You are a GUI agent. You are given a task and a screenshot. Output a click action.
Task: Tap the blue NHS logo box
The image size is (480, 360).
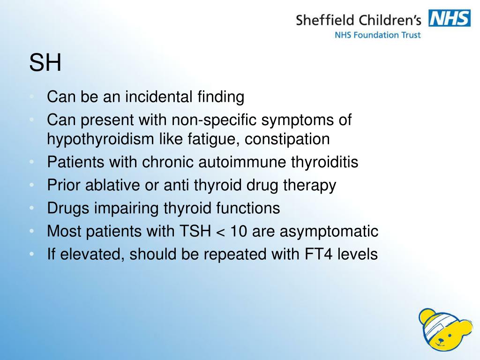point(450,19)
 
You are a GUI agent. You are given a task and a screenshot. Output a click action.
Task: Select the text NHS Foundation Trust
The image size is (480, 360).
point(377,35)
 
